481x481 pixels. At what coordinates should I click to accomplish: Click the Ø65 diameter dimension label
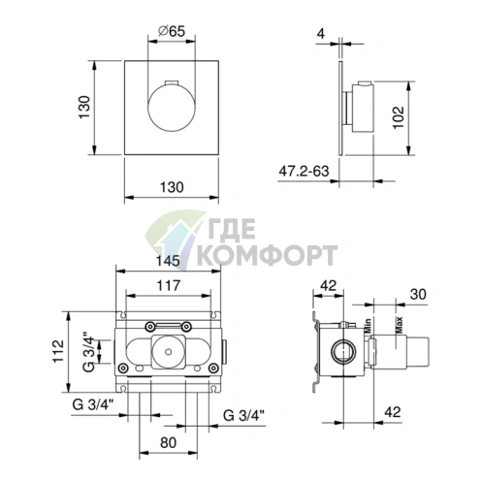[172, 32]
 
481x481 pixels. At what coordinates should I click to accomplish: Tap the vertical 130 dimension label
[84, 108]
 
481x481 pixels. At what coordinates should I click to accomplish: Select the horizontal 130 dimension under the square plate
[172, 187]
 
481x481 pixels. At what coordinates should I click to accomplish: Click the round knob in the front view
[172, 108]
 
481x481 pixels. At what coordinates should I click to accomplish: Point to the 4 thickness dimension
[321, 33]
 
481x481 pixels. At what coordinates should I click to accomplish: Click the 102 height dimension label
[399, 117]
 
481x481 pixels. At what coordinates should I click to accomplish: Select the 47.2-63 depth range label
[304, 171]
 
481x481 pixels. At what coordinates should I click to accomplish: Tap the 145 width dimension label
[168, 261]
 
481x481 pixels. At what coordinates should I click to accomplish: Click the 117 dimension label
[169, 285]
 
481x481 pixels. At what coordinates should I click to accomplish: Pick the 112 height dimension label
[58, 351]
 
